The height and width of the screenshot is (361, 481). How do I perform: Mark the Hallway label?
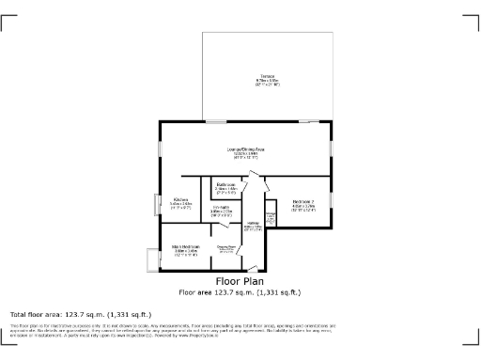tap(253, 225)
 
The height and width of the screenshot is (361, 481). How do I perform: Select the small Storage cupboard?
tap(272, 218)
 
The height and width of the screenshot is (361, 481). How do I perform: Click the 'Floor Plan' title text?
tap(240, 280)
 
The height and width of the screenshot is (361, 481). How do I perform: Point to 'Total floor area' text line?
tap(80, 314)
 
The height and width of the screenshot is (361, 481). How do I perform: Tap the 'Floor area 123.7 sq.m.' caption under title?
tap(240, 292)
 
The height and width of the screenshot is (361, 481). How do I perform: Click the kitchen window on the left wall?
tap(158, 204)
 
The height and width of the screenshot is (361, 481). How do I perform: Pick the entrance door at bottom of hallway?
tap(251, 270)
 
